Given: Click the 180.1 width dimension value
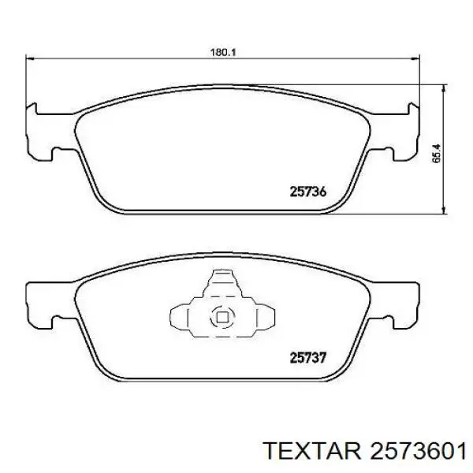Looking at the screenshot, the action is pyautogui.click(x=222, y=53).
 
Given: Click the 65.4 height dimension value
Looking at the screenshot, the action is pyautogui.click(x=436, y=154).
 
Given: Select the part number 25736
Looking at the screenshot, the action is pyautogui.click(x=308, y=192).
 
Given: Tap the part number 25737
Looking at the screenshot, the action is pyautogui.click(x=308, y=358).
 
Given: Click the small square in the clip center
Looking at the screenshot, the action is pyautogui.click(x=222, y=318).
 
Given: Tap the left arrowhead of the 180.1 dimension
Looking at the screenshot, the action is pyautogui.click(x=30, y=58).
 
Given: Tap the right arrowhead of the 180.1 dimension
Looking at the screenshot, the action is pyautogui.click(x=415, y=58).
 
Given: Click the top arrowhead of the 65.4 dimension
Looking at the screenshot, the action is pyautogui.click(x=443, y=88).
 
